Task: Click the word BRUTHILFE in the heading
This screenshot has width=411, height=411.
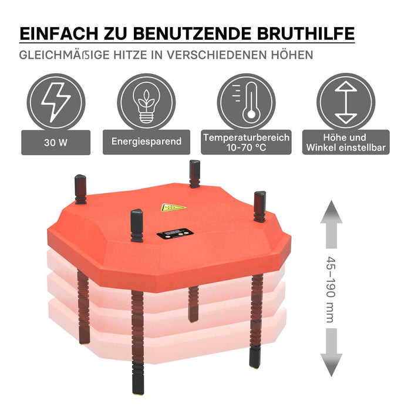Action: (x=306, y=33)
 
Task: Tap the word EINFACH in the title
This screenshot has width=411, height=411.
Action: (x=59, y=33)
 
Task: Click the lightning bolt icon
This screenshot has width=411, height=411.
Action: (x=56, y=102)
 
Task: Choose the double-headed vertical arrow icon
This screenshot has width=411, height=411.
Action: (x=346, y=102)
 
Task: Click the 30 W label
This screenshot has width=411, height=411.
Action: (x=56, y=142)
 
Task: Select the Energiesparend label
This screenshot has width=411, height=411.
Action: (x=146, y=142)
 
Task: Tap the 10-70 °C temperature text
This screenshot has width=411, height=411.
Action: (x=247, y=147)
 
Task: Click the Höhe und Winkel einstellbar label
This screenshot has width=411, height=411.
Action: (x=346, y=142)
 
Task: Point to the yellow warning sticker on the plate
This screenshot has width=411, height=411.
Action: (x=173, y=207)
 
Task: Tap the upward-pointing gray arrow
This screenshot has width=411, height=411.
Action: (x=331, y=224)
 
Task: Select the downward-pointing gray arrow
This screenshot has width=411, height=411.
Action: (x=331, y=352)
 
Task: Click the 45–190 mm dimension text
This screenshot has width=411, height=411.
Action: (x=331, y=289)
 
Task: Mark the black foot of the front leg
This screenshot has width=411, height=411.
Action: (x=138, y=382)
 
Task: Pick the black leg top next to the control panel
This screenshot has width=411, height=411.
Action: (x=137, y=225)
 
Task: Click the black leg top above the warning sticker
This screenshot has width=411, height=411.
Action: (x=194, y=174)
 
